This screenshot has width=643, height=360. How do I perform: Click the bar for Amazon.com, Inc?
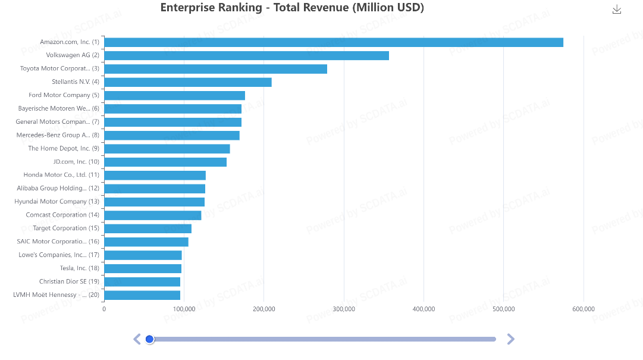334,42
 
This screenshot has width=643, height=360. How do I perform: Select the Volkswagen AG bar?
247,55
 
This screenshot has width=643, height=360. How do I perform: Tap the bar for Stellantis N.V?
188,82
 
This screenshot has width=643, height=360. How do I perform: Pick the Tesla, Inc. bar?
143,268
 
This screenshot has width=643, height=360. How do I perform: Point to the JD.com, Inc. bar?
166,162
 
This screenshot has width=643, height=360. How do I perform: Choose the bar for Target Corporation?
148,228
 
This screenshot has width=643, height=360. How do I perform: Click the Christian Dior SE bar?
142,281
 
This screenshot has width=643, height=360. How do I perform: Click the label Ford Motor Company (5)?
64,95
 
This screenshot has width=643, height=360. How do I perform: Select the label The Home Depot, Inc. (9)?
64,148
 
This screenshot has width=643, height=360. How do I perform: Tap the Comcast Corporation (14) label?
62,215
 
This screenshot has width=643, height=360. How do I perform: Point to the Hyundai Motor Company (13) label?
57,202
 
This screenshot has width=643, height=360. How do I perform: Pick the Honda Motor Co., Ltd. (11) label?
61,175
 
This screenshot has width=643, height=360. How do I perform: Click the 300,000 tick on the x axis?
344,309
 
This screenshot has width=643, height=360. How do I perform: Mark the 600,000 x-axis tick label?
584,309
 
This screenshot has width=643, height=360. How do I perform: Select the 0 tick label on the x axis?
104,309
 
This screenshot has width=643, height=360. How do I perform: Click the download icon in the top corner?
617,10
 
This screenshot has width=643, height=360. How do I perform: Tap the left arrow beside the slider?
137,339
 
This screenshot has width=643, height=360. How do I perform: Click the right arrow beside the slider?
510,339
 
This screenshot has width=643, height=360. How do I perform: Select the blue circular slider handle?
150,339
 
